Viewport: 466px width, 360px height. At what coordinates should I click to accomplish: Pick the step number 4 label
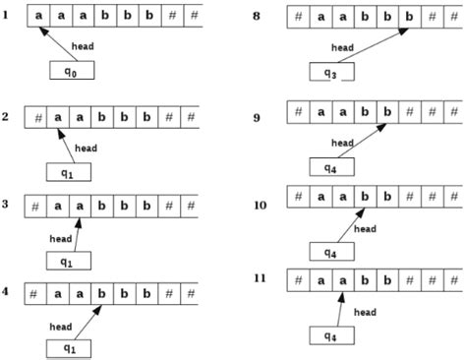8,291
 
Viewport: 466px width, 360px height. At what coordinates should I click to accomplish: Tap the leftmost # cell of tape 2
36,117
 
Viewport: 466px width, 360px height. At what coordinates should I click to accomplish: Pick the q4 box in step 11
334,334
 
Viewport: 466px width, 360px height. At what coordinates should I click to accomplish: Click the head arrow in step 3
77,236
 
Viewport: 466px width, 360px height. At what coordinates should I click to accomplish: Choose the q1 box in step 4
71,348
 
